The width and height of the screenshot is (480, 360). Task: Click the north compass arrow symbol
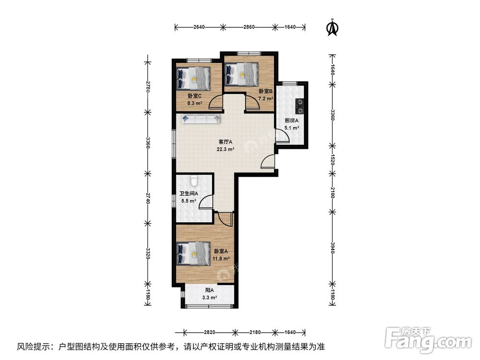tap(332, 28)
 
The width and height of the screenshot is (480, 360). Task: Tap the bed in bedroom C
tap(194, 78)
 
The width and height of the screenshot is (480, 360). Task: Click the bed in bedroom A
tap(193, 253)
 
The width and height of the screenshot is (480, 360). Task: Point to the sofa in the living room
tap(201, 119)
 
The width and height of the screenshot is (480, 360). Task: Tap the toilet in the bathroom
tap(193, 181)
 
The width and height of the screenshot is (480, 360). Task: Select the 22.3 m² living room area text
tap(225, 149)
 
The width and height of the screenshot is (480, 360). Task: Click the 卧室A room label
tap(221, 251)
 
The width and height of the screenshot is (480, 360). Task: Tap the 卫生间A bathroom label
tap(189, 194)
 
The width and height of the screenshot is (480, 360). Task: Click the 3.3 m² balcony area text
tap(209, 298)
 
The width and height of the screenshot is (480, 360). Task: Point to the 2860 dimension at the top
tap(248, 27)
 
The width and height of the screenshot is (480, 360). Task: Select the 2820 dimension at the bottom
tap(209, 332)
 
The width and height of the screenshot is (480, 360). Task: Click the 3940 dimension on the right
tap(332, 249)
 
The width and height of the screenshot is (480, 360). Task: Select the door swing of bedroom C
tap(215, 101)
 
